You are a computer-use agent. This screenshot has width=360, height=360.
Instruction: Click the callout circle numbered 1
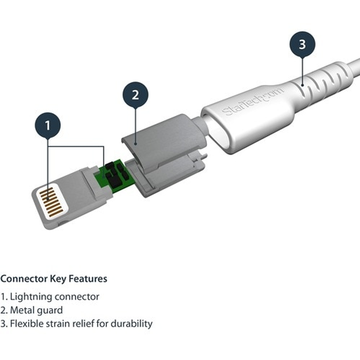click(x=48, y=125)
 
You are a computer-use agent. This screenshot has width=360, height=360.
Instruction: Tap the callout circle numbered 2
click(x=135, y=95)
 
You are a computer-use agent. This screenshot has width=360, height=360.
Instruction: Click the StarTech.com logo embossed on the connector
click(x=254, y=101)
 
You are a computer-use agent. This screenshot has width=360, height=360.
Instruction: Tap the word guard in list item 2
click(x=50, y=310)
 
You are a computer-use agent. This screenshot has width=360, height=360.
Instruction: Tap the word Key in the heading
click(x=58, y=279)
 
